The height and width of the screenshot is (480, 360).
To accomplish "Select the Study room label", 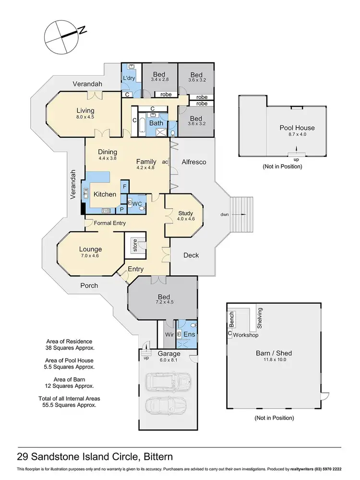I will click(x=185, y=213).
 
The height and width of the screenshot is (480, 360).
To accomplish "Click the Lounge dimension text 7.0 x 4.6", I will click(x=90, y=256).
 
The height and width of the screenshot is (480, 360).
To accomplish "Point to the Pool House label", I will click(x=297, y=128).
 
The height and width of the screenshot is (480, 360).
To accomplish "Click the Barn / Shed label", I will click(x=274, y=353).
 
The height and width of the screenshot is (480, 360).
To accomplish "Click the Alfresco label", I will click(x=194, y=162).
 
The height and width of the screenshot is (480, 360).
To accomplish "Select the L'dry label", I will click(x=128, y=78).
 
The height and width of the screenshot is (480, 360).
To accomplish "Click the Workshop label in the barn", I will click(x=245, y=335).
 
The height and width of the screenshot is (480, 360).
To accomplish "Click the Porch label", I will click(x=88, y=286).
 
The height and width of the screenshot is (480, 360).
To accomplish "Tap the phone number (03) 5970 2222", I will click(x=330, y=468).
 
